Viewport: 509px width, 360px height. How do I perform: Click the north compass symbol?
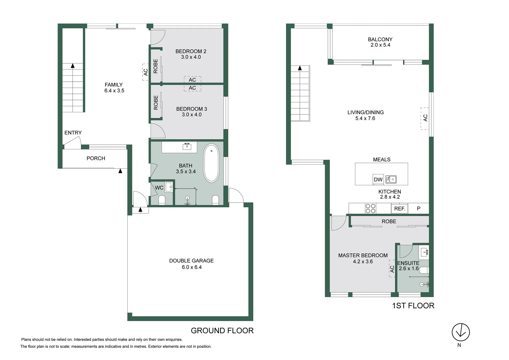click(461, 332)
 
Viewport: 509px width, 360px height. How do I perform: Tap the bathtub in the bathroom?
click(211, 163)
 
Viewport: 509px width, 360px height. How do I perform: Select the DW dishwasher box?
click(378, 179)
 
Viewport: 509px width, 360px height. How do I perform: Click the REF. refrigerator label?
click(399, 209)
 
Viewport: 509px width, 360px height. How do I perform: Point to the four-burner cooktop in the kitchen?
click(370, 208)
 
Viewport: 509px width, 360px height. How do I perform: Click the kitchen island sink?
click(391, 180)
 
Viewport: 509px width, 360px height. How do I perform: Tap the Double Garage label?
click(191, 261)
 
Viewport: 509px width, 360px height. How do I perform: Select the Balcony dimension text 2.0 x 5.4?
click(380, 45)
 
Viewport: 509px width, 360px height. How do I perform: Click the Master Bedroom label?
click(363, 255)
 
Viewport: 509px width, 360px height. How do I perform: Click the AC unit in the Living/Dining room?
click(425, 118)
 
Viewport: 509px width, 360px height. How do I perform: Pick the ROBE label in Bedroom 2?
click(156, 66)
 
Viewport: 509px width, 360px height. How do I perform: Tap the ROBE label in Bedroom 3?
click(156, 103)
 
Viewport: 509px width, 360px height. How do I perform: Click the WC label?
click(159, 188)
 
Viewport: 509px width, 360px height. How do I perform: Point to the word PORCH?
click(96, 158)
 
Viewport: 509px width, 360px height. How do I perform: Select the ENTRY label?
click(73, 133)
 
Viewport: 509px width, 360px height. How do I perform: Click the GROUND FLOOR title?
click(222, 331)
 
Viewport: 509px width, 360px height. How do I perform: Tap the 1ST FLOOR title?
click(413, 306)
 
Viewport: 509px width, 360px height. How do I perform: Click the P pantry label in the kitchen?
click(419, 208)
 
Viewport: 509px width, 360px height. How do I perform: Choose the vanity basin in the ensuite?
click(424, 252)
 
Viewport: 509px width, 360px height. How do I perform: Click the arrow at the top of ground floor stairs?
click(73, 66)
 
